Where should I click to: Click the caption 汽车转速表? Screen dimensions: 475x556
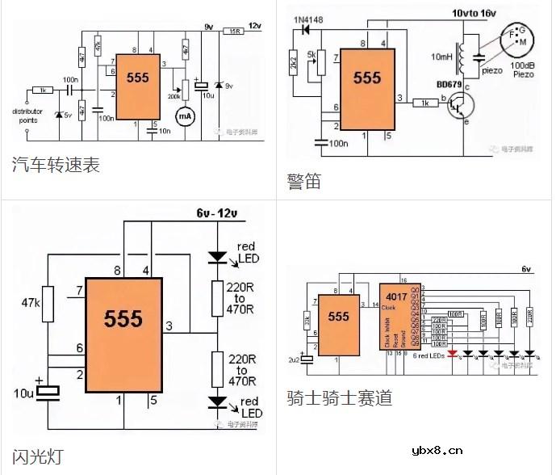(x=56, y=165)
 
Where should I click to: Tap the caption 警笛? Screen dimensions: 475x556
(x=303, y=181)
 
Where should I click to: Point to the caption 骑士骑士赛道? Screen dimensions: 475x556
(x=339, y=398)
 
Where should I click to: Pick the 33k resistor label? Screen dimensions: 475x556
(x=307, y=321)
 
